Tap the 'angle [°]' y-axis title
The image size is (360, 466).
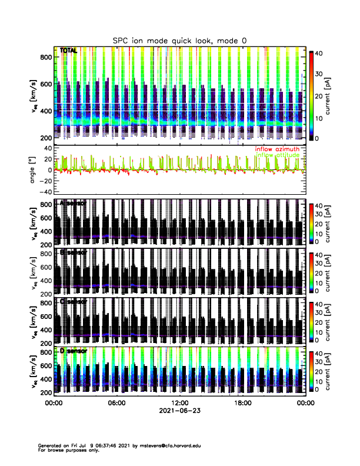tap(35, 169)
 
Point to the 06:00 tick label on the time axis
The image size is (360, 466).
tap(116, 403)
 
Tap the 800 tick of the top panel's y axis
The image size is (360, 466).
tap(46, 57)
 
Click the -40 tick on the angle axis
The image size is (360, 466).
tap(45, 192)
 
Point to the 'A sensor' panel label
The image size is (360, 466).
tap(73, 204)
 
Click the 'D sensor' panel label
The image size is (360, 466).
tap(73, 351)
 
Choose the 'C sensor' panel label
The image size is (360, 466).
tap(73, 302)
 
